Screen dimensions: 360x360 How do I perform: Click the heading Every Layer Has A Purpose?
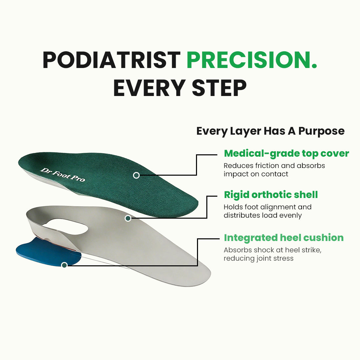[x=270, y=131]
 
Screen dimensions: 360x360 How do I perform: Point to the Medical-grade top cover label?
[x=286, y=153]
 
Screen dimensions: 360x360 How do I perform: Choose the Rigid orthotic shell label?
[x=271, y=195]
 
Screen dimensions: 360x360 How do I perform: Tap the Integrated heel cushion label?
[x=283, y=238]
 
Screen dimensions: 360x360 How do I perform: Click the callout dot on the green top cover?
[x=136, y=175]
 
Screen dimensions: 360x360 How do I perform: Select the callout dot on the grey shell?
[x=128, y=218]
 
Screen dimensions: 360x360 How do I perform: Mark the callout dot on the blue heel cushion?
[x=64, y=265]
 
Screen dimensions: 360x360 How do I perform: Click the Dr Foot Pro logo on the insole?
[x=62, y=175]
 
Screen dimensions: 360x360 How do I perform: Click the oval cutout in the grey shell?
[x=68, y=226]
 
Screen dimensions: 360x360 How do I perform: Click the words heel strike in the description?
[x=300, y=250]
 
